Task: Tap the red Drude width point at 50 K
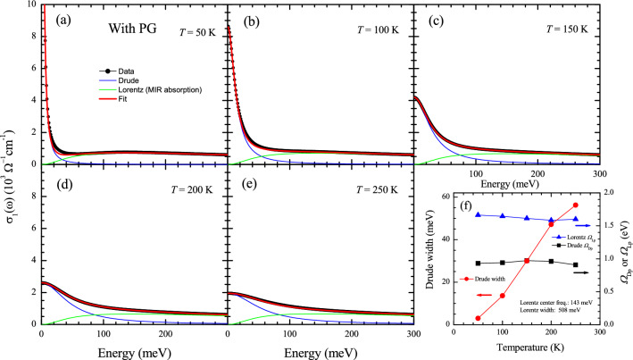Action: coord(479,343)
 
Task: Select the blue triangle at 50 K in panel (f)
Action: coord(479,214)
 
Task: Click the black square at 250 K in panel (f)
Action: coord(575,264)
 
